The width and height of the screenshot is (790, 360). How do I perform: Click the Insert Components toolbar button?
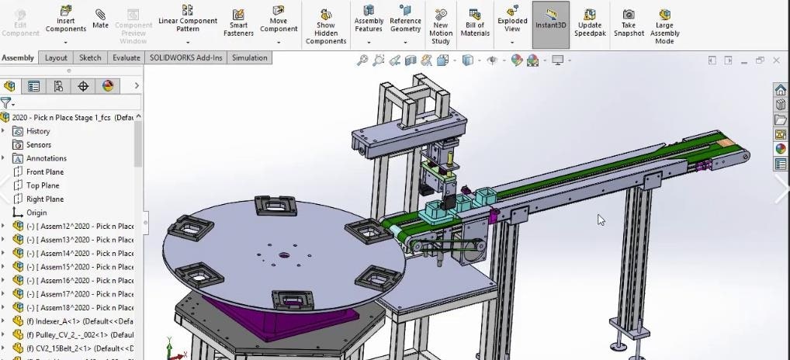(66, 19)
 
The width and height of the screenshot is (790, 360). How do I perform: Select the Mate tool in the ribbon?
(101, 19)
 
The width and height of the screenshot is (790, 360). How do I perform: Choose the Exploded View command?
(512, 19)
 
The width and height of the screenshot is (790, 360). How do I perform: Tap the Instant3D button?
(551, 19)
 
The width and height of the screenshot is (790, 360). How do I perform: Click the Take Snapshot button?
(629, 23)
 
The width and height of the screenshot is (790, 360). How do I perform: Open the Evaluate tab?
(126, 58)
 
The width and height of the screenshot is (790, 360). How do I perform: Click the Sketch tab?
(90, 58)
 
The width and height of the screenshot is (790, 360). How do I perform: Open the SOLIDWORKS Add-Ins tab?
(185, 58)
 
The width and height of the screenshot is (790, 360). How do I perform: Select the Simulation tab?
(249, 58)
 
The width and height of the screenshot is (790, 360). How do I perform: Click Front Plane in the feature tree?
(45, 172)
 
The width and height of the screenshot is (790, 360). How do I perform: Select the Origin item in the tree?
(36, 213)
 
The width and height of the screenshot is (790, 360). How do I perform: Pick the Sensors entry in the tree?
(39, 145)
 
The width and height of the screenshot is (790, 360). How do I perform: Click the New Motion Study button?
(441, 23)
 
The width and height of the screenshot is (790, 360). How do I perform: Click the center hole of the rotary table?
(284, 254)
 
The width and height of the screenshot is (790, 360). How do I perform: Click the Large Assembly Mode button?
(665, 23)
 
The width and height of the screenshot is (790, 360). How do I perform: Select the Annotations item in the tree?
(47, 158)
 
